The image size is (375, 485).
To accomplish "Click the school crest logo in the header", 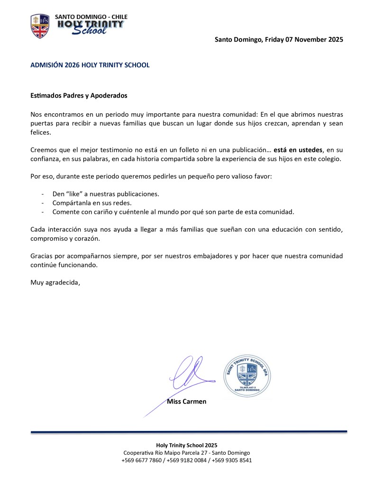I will (40, 26).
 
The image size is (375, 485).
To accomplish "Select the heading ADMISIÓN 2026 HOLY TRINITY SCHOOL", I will (90, 65).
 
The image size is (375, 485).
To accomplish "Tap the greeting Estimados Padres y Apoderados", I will (79, 95).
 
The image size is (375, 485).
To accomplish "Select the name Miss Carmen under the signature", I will (187, 402).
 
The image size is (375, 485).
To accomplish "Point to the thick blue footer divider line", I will (189, 431).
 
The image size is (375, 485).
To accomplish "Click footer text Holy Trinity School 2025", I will (187, 445).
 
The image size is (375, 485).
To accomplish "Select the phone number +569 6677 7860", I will (141, 460).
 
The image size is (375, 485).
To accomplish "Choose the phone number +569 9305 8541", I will (233, 460).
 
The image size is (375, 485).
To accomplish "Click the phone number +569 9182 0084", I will (187, 460).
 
